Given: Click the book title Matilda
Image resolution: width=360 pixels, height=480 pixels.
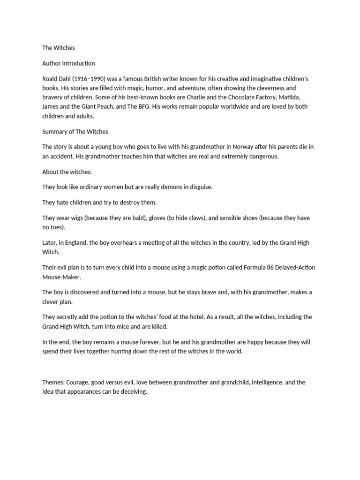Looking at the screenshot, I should point(301,97).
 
